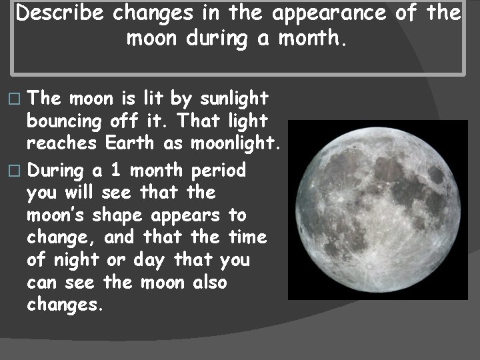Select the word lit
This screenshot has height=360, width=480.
pyautogui.click(x=151, y=99)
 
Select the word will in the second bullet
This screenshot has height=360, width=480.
pyautogui.click(x=81, y=193)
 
